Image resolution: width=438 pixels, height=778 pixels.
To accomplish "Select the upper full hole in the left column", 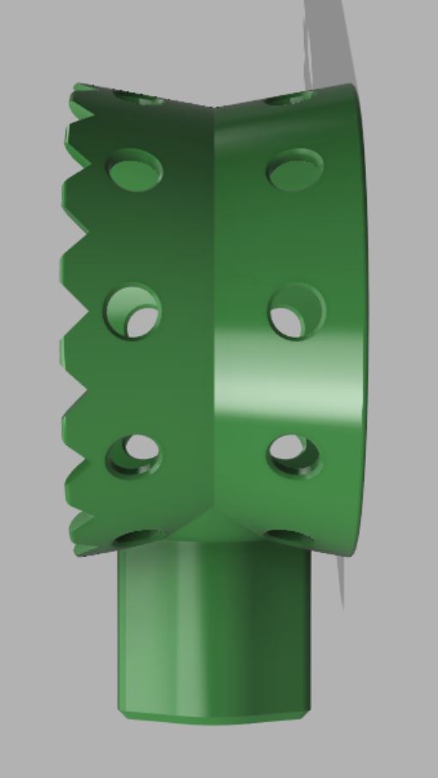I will click(x=136, y=169).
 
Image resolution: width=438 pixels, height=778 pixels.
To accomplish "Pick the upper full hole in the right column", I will click(x=295, y=169).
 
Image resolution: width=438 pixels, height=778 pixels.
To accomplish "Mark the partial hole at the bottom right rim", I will click(x=288, y=536).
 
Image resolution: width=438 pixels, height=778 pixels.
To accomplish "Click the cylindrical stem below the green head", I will click(x=213, y=628).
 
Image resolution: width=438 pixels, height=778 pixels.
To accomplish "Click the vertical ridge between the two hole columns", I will click(x=212, y=318).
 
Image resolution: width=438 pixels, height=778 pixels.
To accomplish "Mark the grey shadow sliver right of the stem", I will click(x=340, y=585).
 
